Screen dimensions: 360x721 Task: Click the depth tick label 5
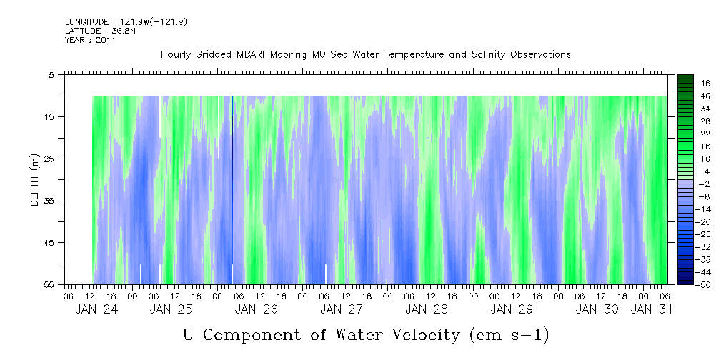click(x=52, y=75)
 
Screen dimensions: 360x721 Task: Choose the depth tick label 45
click(x=50, y=243)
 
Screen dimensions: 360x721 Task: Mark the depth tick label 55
click(x=50, y=285)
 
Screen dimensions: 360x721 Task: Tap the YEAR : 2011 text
click(x=90, y=41)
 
